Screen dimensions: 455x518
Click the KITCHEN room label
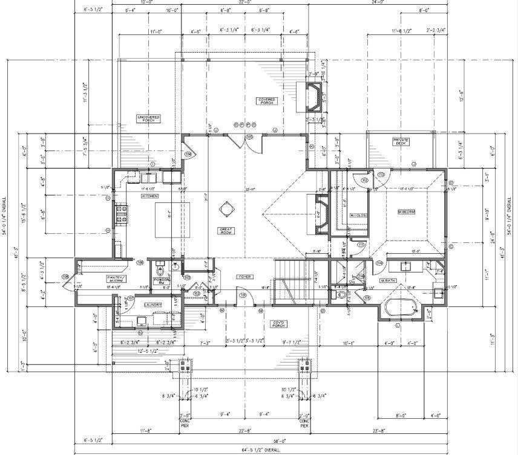coord(149,196)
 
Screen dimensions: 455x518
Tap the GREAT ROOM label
coord(226,231)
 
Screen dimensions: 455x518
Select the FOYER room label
coord(244,276)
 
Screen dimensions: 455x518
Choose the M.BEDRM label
coord(405,212)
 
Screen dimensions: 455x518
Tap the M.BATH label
coord(388,281)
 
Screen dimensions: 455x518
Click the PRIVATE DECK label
coord(401,141)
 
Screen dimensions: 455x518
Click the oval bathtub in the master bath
coord(401,308)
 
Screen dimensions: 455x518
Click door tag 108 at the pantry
coord(65,277)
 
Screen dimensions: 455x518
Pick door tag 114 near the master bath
coord(381,263)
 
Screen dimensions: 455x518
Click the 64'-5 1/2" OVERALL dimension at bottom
coord(249,450)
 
